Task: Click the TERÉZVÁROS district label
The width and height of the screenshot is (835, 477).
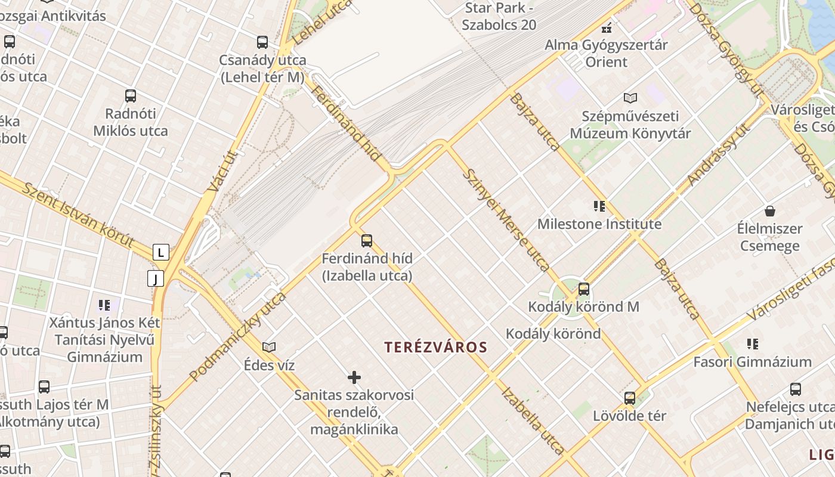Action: (x=436, y=347)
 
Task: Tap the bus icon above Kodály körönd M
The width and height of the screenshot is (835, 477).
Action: (x=584, y=289)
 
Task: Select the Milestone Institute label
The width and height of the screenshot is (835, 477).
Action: (x=599, y=224)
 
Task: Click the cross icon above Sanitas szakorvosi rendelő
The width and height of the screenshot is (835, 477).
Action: (x=354, y=377)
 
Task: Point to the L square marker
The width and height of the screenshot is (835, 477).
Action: (x=160, y=252)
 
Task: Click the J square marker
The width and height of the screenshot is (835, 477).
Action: (x=156, y=278)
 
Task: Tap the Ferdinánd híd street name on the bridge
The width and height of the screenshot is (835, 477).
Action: (x=346, y=124)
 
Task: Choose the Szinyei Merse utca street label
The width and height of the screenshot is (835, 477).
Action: (x=506, y=219)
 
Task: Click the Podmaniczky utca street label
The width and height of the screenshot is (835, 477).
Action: (x=237, y=336)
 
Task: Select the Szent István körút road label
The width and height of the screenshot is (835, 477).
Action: (x=78, y=215)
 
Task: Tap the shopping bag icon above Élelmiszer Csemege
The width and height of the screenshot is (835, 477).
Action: (x=770, y=211)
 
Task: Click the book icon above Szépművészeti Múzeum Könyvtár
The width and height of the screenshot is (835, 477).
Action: (x=630, y=98)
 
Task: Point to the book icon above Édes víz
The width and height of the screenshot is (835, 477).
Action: (x=269, y=347)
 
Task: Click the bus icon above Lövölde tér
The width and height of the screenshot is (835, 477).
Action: (x=630, y=398)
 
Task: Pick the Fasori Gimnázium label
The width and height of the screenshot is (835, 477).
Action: (x=752, y=362)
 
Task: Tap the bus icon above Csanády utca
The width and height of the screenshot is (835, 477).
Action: (x=262, y=42)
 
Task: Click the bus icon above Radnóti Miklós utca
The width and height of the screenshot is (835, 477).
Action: (x=131, y=95)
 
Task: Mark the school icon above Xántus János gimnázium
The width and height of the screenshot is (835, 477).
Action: (x=104, y=305)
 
